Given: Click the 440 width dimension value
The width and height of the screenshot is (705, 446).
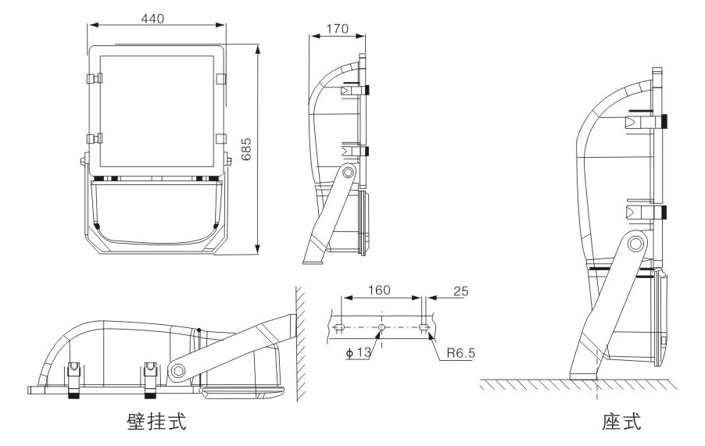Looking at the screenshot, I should point(153,19).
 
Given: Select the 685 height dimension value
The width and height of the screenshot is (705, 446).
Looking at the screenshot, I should point(246,149).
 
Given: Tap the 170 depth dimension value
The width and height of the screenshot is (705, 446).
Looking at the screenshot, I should point(337,29).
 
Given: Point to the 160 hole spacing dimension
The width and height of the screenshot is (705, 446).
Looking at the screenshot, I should point(379,291).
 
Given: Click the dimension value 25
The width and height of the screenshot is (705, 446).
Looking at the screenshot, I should point(460,291).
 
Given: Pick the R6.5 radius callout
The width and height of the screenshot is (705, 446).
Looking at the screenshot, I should point(461,353).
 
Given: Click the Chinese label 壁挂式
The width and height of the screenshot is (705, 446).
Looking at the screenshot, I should point(156,423).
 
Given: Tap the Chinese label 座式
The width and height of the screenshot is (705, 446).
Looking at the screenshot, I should point(621,423).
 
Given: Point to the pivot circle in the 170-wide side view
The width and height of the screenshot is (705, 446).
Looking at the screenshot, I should point(348,173).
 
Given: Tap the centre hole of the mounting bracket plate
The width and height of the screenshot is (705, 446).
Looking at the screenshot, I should point(381,326).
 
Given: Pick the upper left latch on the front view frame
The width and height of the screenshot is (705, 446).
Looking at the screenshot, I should point(95,79).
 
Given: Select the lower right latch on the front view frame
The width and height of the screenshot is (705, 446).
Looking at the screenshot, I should point(220,139).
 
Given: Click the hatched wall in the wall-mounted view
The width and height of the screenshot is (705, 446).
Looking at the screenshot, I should point(299,344).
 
